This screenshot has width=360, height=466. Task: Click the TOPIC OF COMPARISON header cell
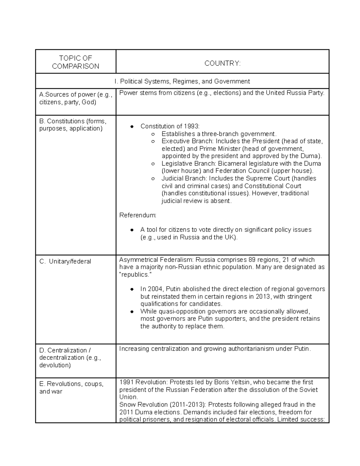pos(76,62)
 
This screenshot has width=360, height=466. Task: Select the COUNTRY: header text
pos(222,63)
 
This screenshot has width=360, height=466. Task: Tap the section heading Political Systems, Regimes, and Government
pos(182,81)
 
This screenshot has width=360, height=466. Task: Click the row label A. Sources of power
pos(75,98)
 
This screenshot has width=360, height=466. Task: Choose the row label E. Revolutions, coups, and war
pos(71,387)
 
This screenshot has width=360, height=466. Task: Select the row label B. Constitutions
pos(73,125)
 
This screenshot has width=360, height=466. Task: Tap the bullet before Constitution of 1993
pos(131,127)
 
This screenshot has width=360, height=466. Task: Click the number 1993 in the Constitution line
pos(191,126)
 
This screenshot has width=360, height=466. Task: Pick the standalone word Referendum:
pos(138,215)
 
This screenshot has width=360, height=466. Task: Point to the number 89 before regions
pos(252,260)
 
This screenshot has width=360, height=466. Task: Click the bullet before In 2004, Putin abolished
pos(131,290)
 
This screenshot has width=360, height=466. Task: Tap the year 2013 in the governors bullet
pos(263,297)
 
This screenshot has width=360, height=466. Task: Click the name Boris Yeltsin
pos(232,382)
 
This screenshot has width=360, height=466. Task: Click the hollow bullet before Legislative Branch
pos(153,164)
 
